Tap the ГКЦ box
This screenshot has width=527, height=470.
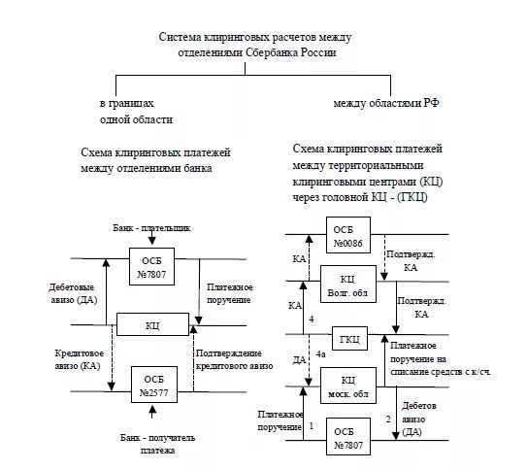pyautogui.click(x=350, y=339)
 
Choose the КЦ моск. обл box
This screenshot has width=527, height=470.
pyautogui.click(x=350, y=386)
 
